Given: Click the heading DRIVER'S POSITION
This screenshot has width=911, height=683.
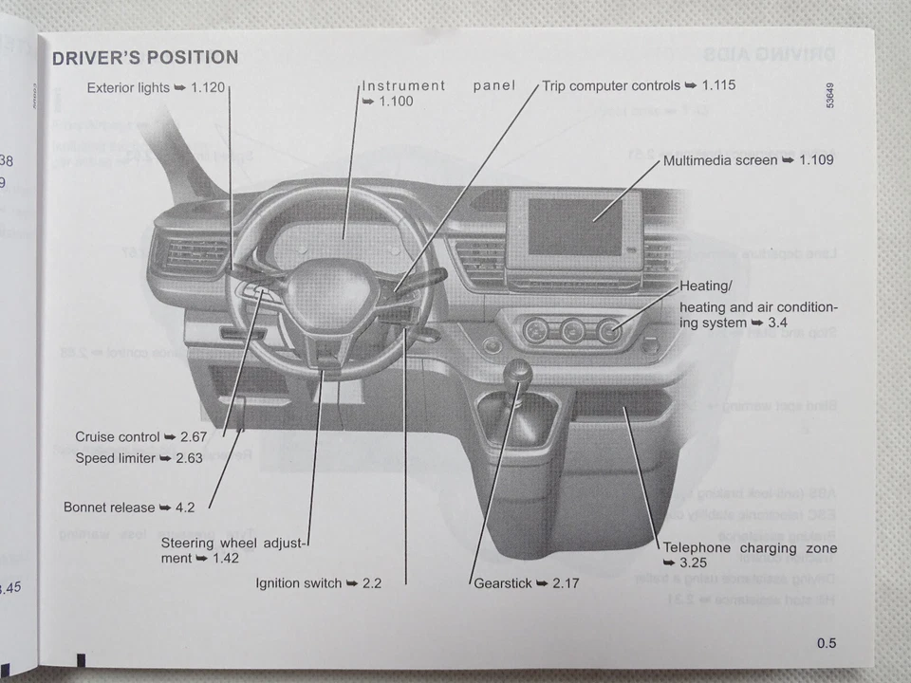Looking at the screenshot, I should tap(144, 58).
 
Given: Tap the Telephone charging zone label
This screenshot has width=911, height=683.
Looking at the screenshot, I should tap(750, 548).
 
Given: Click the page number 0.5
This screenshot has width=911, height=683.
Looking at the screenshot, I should tap(826, 643).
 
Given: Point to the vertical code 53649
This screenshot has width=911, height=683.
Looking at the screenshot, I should tap(830, 92).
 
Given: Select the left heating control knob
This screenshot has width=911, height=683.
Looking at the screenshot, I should tap(535, 331).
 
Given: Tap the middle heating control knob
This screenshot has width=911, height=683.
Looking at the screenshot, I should tap(571, 331).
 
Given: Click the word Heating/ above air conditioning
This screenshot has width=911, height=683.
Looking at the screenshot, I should tap(706, 286).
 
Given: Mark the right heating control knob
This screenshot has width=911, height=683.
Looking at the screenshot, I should tap(607, 331).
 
